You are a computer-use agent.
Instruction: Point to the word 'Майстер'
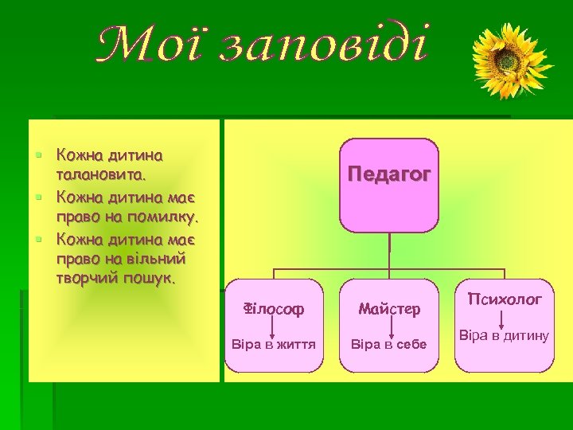pos(389,308)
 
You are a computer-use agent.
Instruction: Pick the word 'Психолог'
pos(505,300)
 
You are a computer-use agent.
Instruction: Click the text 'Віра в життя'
pos(273,345)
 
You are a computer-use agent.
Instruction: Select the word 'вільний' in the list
pos(158,259)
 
